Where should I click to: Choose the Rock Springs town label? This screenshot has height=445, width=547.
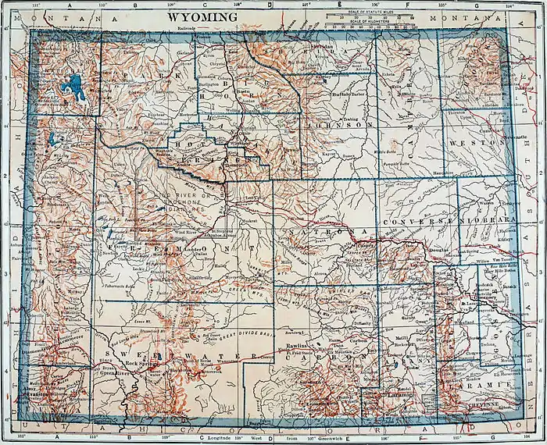pyautogui.click(x=142, y=364)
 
